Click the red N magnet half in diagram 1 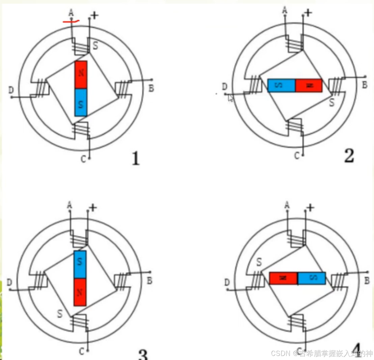pos(81,74)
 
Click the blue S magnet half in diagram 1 pos(81,102)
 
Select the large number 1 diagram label pos(136,159)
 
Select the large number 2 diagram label pos(349,156)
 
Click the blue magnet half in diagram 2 pos(281,86)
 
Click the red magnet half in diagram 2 pos(309,86)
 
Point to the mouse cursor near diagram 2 pos(230,98)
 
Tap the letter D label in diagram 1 pos(11,90)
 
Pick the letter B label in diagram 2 pos(365,85)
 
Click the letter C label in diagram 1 pos(83,159)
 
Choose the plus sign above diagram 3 pos(93,208)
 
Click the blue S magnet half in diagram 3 pos(80,265)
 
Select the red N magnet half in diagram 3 pos(80,292)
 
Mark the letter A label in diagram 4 pos(287,205)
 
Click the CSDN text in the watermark pos(281,353)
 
